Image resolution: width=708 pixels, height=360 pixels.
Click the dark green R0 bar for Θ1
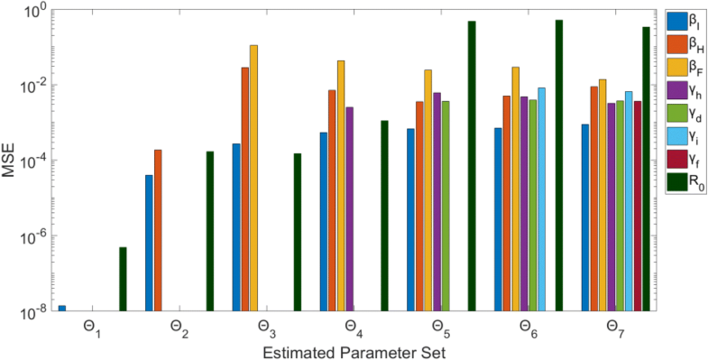pos(123,279)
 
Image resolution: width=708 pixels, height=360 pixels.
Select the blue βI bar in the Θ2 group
pos(149,243)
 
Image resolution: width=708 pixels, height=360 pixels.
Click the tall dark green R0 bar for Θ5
pos(472,166)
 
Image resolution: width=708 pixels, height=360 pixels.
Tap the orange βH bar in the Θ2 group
pos(158,230)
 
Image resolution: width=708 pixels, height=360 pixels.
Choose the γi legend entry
pos(685,137)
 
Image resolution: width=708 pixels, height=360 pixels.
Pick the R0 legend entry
pos(685,184)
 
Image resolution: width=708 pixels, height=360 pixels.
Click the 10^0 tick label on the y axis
pos(33,11)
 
